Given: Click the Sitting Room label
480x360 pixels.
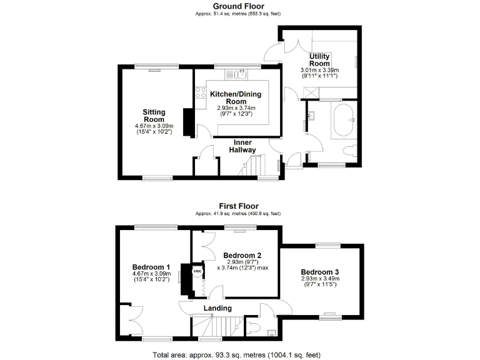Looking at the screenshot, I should click(154, 116).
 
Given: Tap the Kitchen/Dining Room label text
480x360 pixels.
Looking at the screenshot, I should click(236, 97).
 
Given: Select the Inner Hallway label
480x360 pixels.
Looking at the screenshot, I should click(240, 146).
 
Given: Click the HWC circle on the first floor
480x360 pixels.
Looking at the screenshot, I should click(196, 271).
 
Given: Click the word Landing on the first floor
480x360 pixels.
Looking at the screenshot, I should click(217, 308).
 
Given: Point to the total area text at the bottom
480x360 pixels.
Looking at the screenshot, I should click(239, 355).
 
